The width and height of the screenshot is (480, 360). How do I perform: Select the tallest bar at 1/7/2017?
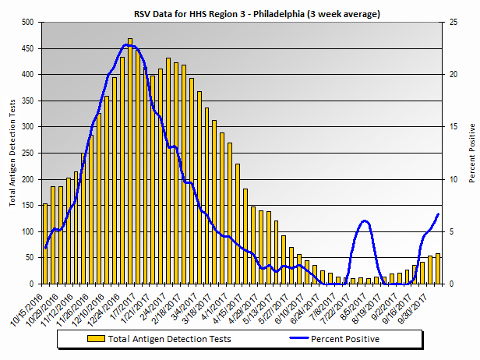[130, 161]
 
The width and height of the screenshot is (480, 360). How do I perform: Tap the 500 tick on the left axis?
[27, 23]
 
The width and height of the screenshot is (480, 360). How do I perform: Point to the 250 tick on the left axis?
[27, 154]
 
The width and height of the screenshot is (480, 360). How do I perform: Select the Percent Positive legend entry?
[345, 339]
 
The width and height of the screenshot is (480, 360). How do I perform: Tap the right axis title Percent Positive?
[472, 154]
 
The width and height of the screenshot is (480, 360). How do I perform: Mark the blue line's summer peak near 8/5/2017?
[364, 221]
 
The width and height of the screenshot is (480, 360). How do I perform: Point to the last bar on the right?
[438, 269]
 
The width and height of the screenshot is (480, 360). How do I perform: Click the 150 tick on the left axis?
[27, 206]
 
